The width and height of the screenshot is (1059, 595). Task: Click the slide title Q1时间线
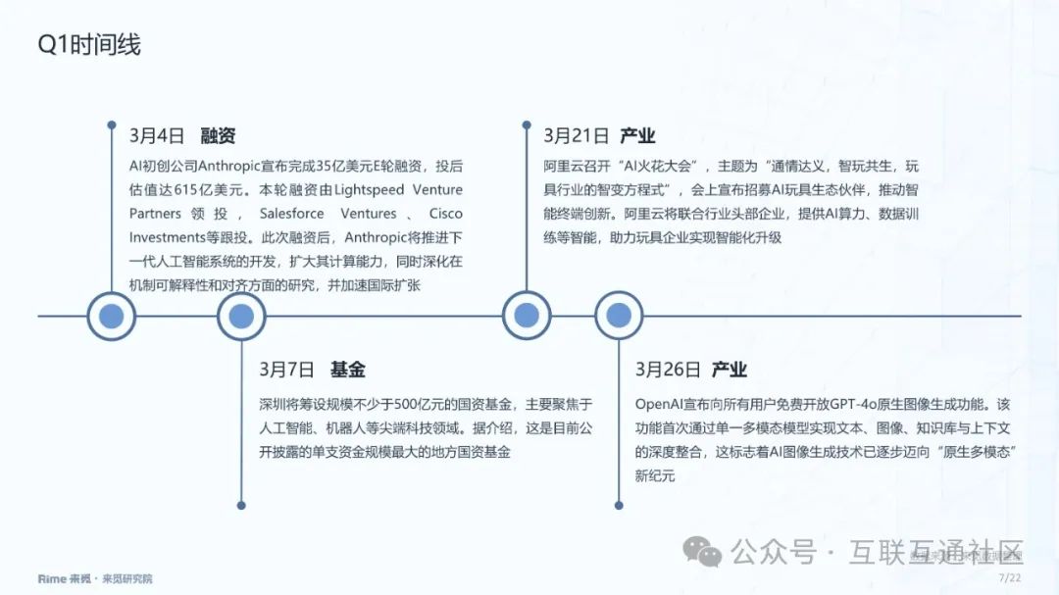coord(89,45)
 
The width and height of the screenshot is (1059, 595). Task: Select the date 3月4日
coord(157,136)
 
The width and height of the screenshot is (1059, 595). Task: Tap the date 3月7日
coord(286,370)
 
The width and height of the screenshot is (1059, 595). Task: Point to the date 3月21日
coord(577,136)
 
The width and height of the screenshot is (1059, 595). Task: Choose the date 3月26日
coord(668,370)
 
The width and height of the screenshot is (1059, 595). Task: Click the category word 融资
coord(218,136)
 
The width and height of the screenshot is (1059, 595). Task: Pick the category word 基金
coord(348,370)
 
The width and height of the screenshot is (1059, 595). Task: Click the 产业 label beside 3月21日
coord(638,136)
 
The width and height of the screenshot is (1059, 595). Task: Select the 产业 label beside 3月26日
coord(730,370)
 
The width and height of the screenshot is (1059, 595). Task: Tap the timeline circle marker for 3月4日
coord(111,316)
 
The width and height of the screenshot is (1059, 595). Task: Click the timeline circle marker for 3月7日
coord(241,316)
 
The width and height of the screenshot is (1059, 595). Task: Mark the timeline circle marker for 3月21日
coord(527,316)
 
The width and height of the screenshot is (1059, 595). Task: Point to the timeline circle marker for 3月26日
coord(619,316)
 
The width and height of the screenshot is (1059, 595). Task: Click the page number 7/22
coord(1009,578)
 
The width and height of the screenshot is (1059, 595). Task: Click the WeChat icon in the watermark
coord(702,551)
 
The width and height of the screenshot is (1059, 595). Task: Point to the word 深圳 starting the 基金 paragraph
coord(272,404)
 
